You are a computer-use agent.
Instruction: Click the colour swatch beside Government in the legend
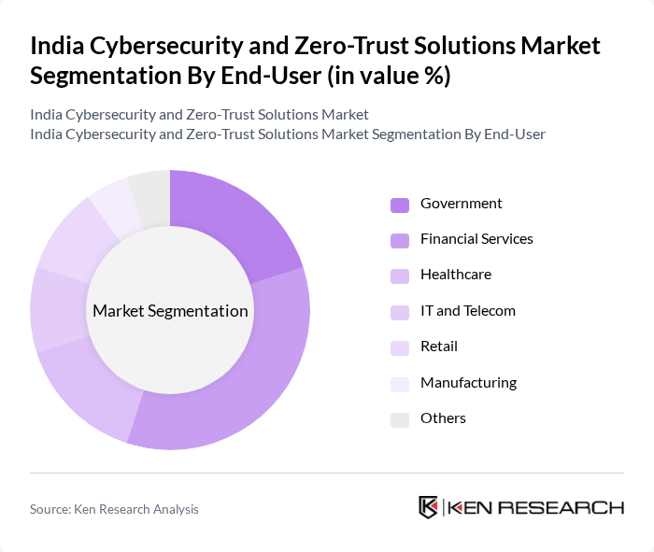pyautogui.click(x=400, y=205)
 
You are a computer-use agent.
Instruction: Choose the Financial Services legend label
pyautogui.click(x=476, y=239)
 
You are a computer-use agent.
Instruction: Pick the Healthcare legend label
pyautogui.click(x=455, y=275)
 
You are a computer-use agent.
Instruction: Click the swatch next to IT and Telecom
pyautogui.click(x=400, y=312)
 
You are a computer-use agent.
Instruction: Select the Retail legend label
pyautogui.click(x=438, y=347)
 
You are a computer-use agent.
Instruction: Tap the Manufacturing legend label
pyautogui.click(x=468, y=382)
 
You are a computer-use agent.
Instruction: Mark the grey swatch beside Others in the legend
pyautogui.click(x=400, y=419)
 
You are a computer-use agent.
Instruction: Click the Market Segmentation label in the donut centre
pyautogui.click(x=170, y=311)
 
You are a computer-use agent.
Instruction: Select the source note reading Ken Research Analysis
pyautogui.click(x=114, y=509)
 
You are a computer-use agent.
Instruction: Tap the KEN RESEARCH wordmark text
pyautogui.click(x=535, y=507)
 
